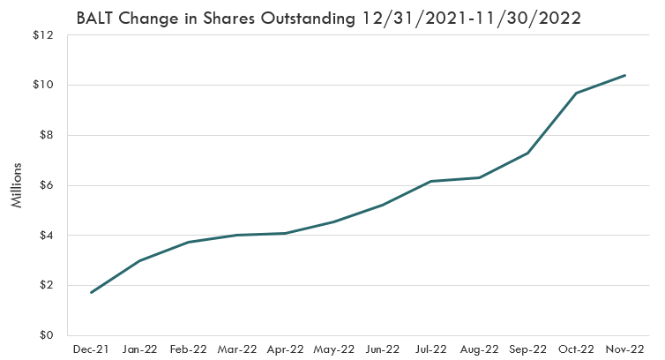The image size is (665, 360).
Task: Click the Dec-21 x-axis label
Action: click(x=91, y=350)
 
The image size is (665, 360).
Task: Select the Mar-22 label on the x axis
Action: click(x=236, y=350)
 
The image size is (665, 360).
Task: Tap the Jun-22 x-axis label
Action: click(x=382, y=350)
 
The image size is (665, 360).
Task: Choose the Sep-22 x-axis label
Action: click(x=527, y=350)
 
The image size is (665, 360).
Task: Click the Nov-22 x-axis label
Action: click(x=624, y=350)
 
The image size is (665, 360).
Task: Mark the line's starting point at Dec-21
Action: click(x=92, y=292)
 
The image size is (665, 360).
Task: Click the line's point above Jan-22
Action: click(x=139, y=261)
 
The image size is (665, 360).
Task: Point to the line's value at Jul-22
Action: click(x=430, y=181)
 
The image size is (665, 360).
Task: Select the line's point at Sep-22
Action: click(x=527, y=154)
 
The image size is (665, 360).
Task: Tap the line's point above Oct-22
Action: click(x=576, y=93)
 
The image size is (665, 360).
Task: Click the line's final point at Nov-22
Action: click(x=624, y=75)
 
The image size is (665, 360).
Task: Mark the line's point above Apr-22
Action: click(x=285, y=233)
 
